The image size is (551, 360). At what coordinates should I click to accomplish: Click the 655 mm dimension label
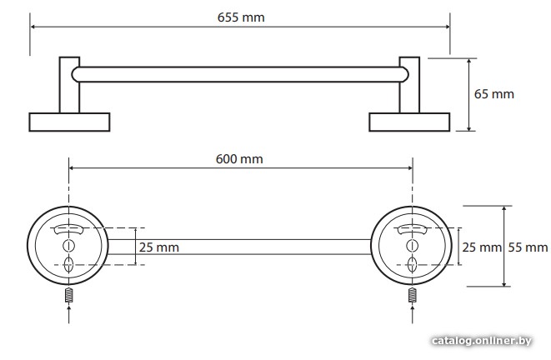[241, 17]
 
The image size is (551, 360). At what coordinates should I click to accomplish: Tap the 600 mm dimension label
[239, 159]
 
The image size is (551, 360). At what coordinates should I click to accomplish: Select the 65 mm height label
[493, 94]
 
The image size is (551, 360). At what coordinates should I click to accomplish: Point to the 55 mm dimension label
[528, 247]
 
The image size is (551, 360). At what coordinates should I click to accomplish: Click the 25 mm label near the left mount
[159, 247]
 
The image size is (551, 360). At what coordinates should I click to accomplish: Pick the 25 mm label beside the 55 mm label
[482, 247]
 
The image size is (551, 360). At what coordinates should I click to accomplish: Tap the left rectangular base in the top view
[69, 122]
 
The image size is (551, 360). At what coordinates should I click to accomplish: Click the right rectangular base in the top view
[409, 122]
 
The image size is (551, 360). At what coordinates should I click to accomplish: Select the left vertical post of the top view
[69, 85]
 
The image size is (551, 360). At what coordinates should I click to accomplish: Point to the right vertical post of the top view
[409, 85]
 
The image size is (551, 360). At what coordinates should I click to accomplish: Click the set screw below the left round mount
[69, 295]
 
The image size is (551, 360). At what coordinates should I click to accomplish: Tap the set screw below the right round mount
[412, 295]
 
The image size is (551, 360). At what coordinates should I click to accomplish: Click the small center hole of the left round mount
[69, 246]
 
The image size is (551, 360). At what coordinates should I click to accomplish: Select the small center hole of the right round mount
[412, 246]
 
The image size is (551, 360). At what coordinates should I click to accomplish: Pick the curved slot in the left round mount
[69, 228]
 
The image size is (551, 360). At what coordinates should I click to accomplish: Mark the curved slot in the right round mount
[412, 228]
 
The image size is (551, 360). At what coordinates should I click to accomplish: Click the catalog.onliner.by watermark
[482, 341]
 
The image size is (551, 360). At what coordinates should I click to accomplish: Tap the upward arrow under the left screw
[69, 314]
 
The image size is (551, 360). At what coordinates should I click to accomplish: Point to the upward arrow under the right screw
[412, 314]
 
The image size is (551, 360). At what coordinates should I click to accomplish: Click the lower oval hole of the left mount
[69, 264]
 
